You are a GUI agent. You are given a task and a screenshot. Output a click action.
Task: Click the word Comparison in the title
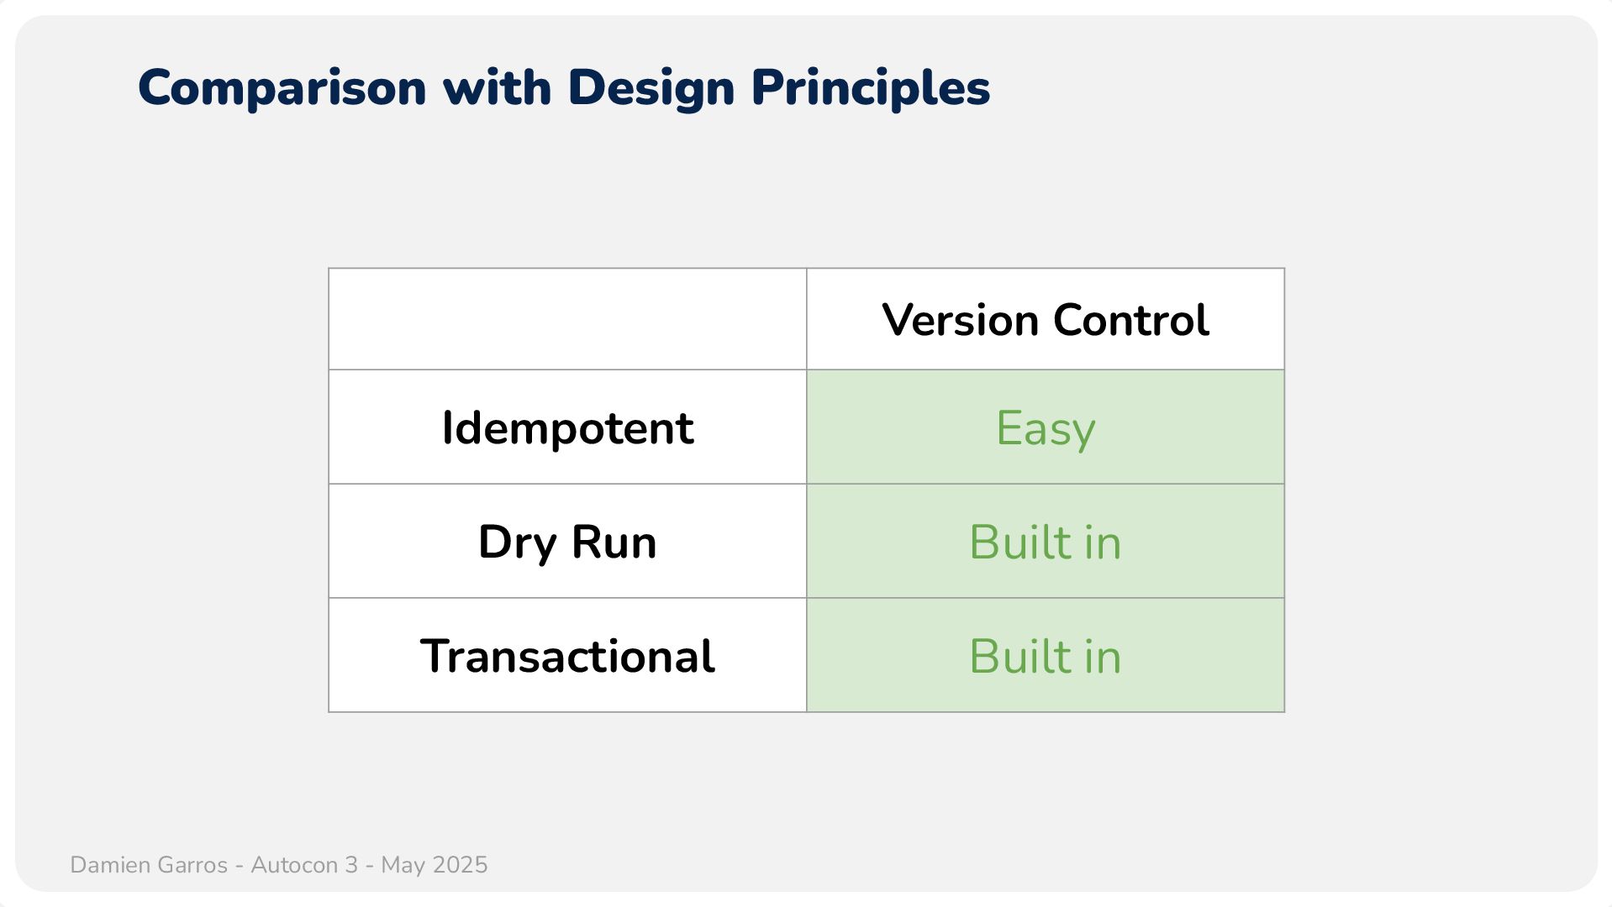coord(282,88)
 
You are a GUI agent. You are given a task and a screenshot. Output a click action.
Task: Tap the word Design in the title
coord(651,88)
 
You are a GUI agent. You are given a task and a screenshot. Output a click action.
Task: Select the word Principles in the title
coord(871,88)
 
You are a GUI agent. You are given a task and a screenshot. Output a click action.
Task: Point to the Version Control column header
coord(1046,320)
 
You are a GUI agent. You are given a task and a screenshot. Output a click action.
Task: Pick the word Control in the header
coord(1131,320)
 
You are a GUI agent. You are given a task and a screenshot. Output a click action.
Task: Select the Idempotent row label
coord(567,428)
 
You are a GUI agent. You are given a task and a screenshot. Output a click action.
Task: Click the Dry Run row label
coord(567,543)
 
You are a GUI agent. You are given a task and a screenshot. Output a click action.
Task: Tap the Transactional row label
coord(567,656)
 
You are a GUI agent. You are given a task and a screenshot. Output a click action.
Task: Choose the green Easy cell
coord(1046,427)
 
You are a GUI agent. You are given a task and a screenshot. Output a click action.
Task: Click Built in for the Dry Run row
coord(1046,542)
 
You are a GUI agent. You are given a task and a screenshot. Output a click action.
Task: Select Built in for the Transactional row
coord(1046,656)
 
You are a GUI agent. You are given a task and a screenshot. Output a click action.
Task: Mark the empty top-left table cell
coord(567,319)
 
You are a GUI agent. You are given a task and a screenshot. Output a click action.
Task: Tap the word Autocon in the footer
coord(294,865)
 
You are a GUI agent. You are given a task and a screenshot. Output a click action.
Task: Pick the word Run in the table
coord(614,542)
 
